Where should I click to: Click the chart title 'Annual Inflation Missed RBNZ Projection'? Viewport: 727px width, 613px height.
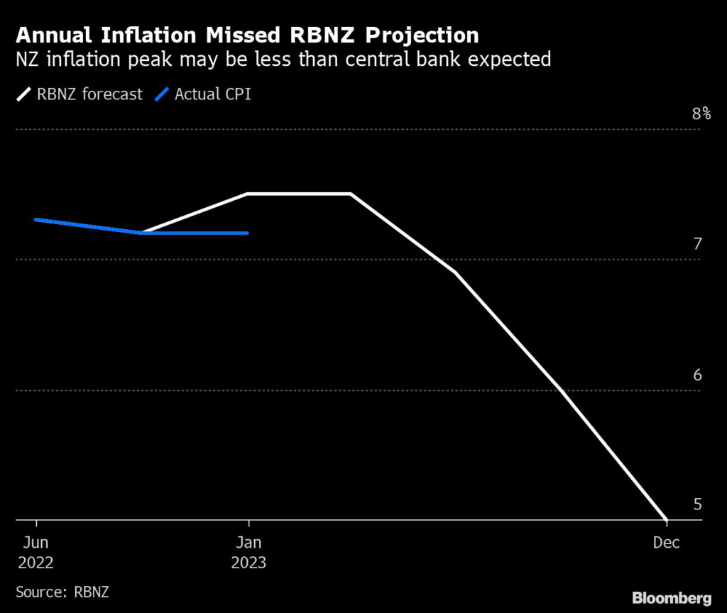[x=247, y=35]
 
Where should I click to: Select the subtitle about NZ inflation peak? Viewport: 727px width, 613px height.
[x=283, y=59]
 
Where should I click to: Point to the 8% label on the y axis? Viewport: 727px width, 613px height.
[x=701, y=114]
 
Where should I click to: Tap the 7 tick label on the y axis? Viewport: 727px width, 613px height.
[x=697, y=244]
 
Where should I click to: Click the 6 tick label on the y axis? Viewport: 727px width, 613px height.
[x=697, y=375]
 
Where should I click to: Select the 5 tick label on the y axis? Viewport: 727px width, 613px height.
[x=697, y=504]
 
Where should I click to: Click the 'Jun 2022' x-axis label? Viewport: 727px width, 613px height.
[x=36, y=552]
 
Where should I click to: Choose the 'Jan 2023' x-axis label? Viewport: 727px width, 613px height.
[x=248, y=552]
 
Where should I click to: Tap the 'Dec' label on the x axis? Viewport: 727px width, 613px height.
[x=667, y=543]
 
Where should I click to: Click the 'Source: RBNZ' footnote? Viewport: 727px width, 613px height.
[x=62, y=590]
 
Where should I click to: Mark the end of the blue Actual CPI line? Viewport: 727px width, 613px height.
[x=248, y=233]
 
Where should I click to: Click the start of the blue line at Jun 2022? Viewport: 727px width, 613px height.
[x=36, y=219]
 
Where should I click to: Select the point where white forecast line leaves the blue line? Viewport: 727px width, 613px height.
[x=142, y=233]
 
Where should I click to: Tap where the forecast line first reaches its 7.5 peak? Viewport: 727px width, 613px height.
[x=247, y=194]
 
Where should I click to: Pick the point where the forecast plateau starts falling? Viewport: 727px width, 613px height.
[x=351, y=194]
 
